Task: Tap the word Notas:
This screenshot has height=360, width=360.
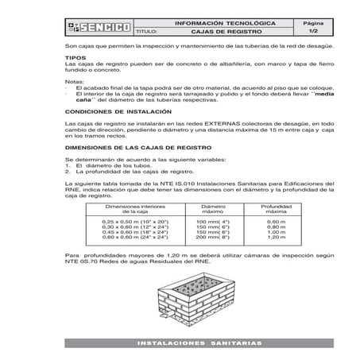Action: tap(73, 81)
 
